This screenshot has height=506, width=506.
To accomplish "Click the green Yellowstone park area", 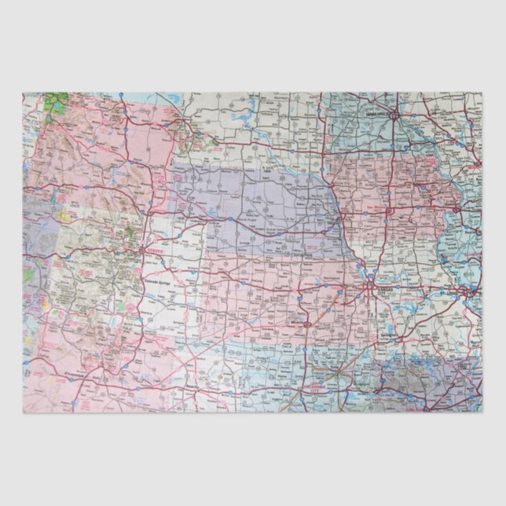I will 55,103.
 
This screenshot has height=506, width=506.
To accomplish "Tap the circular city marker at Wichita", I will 306,322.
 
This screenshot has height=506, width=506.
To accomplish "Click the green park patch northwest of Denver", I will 128,233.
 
